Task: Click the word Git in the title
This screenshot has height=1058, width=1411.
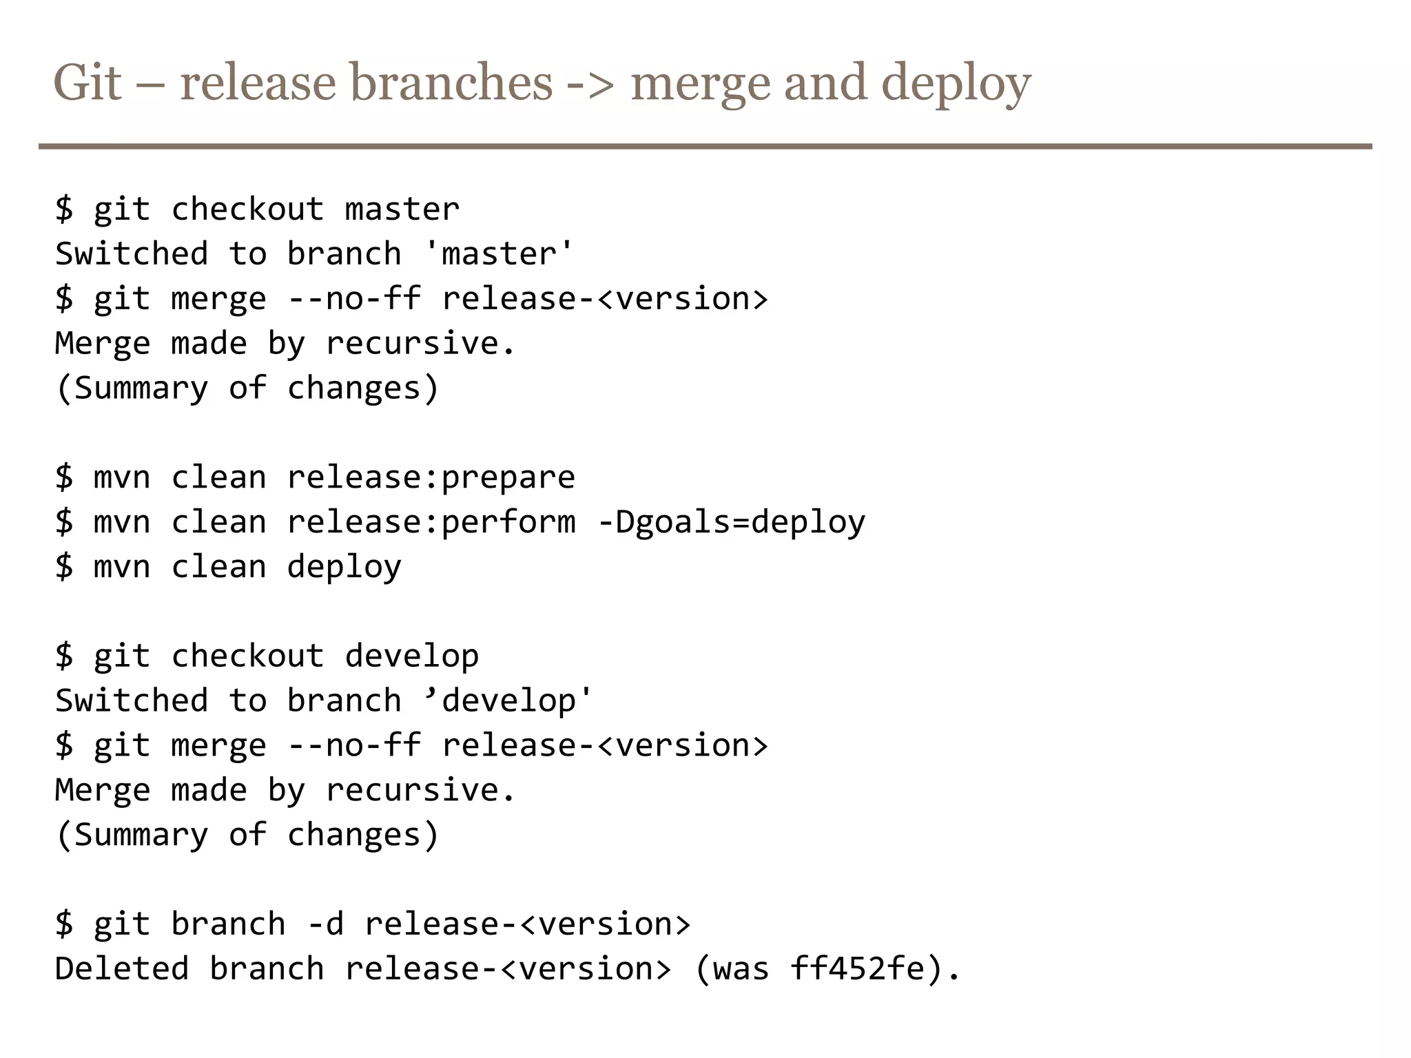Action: [x=87, y=83]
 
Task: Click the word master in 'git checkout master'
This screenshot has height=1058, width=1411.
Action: [x=402, y=209]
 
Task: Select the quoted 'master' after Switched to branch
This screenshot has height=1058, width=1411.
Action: [x=498, y=253]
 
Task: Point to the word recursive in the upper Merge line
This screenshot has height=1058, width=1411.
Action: [x=420, y=343]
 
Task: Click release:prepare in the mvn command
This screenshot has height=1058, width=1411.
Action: [x=431, y=477]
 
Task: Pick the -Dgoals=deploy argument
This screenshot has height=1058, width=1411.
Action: [x=731, y=522]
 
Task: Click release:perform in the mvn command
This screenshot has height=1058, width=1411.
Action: [x=431, y=522]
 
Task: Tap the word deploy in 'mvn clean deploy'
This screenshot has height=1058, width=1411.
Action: [x=344, y=567]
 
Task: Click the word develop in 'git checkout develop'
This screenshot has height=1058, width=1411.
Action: [x=411, y=656]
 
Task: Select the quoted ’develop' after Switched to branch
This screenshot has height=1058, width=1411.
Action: [x=508, y=701]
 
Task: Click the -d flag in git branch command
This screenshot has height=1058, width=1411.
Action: [x=325, y=924]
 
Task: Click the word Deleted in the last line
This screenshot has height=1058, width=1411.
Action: [x=122, y=968]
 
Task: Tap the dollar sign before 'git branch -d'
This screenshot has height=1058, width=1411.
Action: [x=64, y=924]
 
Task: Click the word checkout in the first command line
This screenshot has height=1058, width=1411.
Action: [x=247, y=209]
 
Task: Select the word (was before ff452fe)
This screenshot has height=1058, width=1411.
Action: [x=731, y=968]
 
